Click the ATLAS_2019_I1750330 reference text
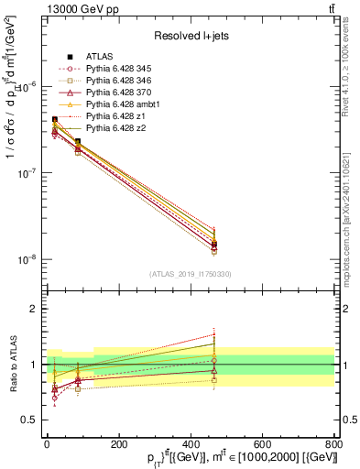point(190,274)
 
